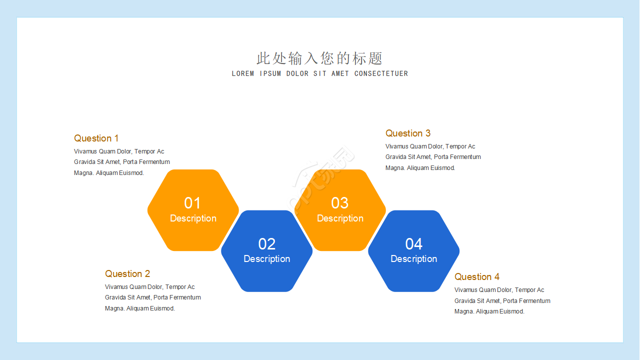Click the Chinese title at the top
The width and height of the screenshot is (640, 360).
pos(319,58)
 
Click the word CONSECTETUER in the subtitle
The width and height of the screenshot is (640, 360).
pos(381,73)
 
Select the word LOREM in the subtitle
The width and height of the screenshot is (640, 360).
pos(243,73)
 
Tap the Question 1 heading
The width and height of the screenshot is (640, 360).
pos(96,138)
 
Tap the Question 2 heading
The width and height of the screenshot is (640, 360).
pos(127,274)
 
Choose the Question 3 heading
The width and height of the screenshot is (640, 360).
pos(407,133)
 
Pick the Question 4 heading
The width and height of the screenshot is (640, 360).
pos(476,277)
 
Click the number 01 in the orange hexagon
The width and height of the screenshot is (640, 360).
pos(192,203)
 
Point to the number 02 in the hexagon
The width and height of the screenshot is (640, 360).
pos(266,244)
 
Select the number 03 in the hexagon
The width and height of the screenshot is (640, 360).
pos(339,203)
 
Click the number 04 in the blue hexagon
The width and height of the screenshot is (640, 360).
pos(413,244)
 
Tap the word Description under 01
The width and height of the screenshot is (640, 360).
pos(193,218)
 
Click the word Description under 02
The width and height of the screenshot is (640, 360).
pos(266,259)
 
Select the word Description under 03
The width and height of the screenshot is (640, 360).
pos(340,218)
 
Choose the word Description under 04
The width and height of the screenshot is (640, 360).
pos(413,259)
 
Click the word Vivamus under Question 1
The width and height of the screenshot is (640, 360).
pos(85,151)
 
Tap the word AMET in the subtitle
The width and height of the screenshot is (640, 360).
pos(340,73)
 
